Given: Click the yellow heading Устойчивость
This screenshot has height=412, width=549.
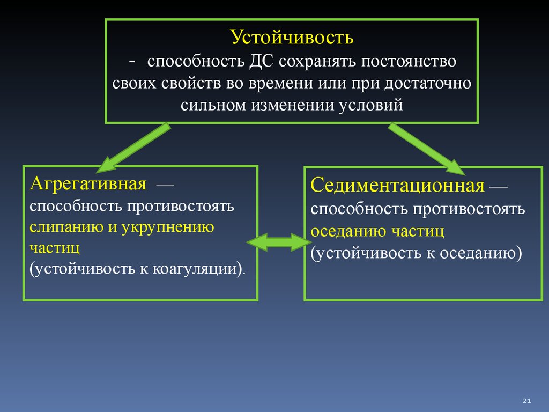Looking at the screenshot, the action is [x=292, y=37].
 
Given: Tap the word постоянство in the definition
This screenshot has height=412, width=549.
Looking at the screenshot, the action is [x=409, y=61].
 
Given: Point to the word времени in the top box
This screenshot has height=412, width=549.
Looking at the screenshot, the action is [x=280, y=83].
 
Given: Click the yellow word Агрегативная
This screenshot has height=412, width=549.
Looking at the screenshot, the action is [x=88, y=183].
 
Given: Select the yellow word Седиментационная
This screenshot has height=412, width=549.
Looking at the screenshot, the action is [x=397, y=185].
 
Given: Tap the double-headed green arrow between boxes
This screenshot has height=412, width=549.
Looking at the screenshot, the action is [x=279, y=242].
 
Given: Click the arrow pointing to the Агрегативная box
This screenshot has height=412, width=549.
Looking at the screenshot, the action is [x=133, y=148].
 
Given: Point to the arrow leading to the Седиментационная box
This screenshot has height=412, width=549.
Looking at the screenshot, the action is [x=426, y=149].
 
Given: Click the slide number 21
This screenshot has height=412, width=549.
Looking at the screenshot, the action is [x=526, y=400].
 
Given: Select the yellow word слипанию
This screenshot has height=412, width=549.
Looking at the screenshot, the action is [x=66, y=227].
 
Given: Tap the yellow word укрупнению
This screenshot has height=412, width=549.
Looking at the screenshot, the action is [x=168, y=227].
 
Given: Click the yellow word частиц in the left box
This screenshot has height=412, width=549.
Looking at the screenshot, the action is [x=55, y=248].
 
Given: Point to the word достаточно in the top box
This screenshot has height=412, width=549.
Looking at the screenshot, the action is [x=428, y=83].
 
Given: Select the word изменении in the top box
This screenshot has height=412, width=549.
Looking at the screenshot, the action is [x=292, y=105].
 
